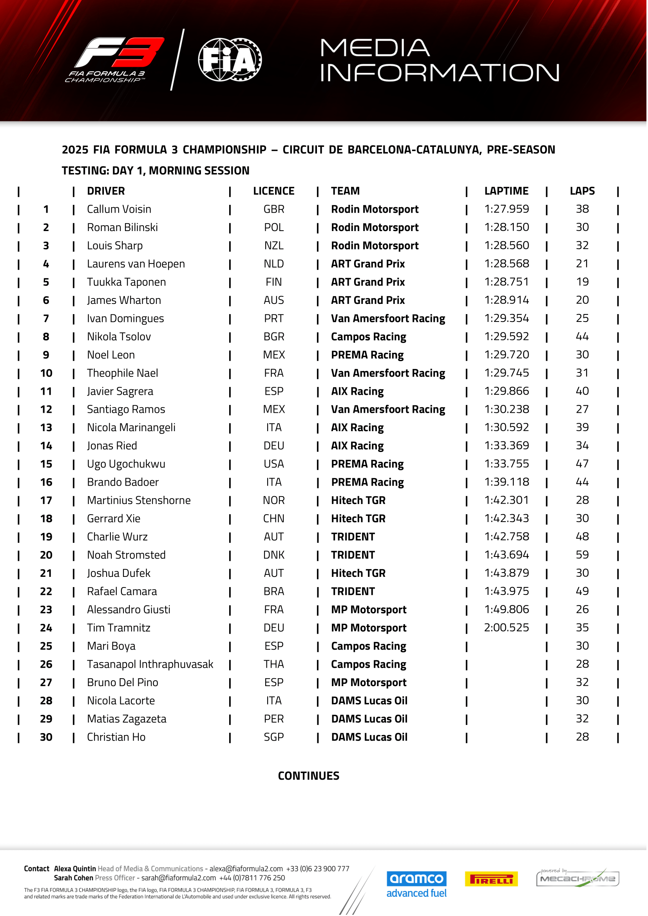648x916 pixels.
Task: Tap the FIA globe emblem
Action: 230,60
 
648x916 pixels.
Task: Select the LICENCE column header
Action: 274,192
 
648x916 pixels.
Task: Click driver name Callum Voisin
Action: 119,210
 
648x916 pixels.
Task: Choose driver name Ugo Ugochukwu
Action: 127,465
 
